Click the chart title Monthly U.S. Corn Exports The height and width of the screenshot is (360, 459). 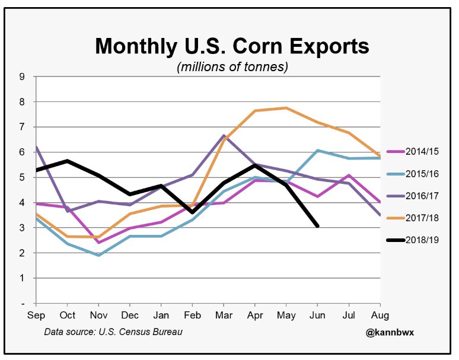click(x=232, y=46)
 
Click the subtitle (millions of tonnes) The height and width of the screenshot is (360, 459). click(x=232, y=67)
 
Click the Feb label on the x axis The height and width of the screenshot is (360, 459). click(x=192, y=316)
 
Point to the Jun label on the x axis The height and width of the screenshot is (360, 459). click(x=318, y=316)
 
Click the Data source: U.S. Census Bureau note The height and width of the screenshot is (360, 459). click(x=113, y=331)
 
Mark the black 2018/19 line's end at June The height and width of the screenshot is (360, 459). click(x=318, y=226)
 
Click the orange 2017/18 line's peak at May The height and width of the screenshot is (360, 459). click(x=286, y=108)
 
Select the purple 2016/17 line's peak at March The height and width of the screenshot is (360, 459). click(x=224, y=136)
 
